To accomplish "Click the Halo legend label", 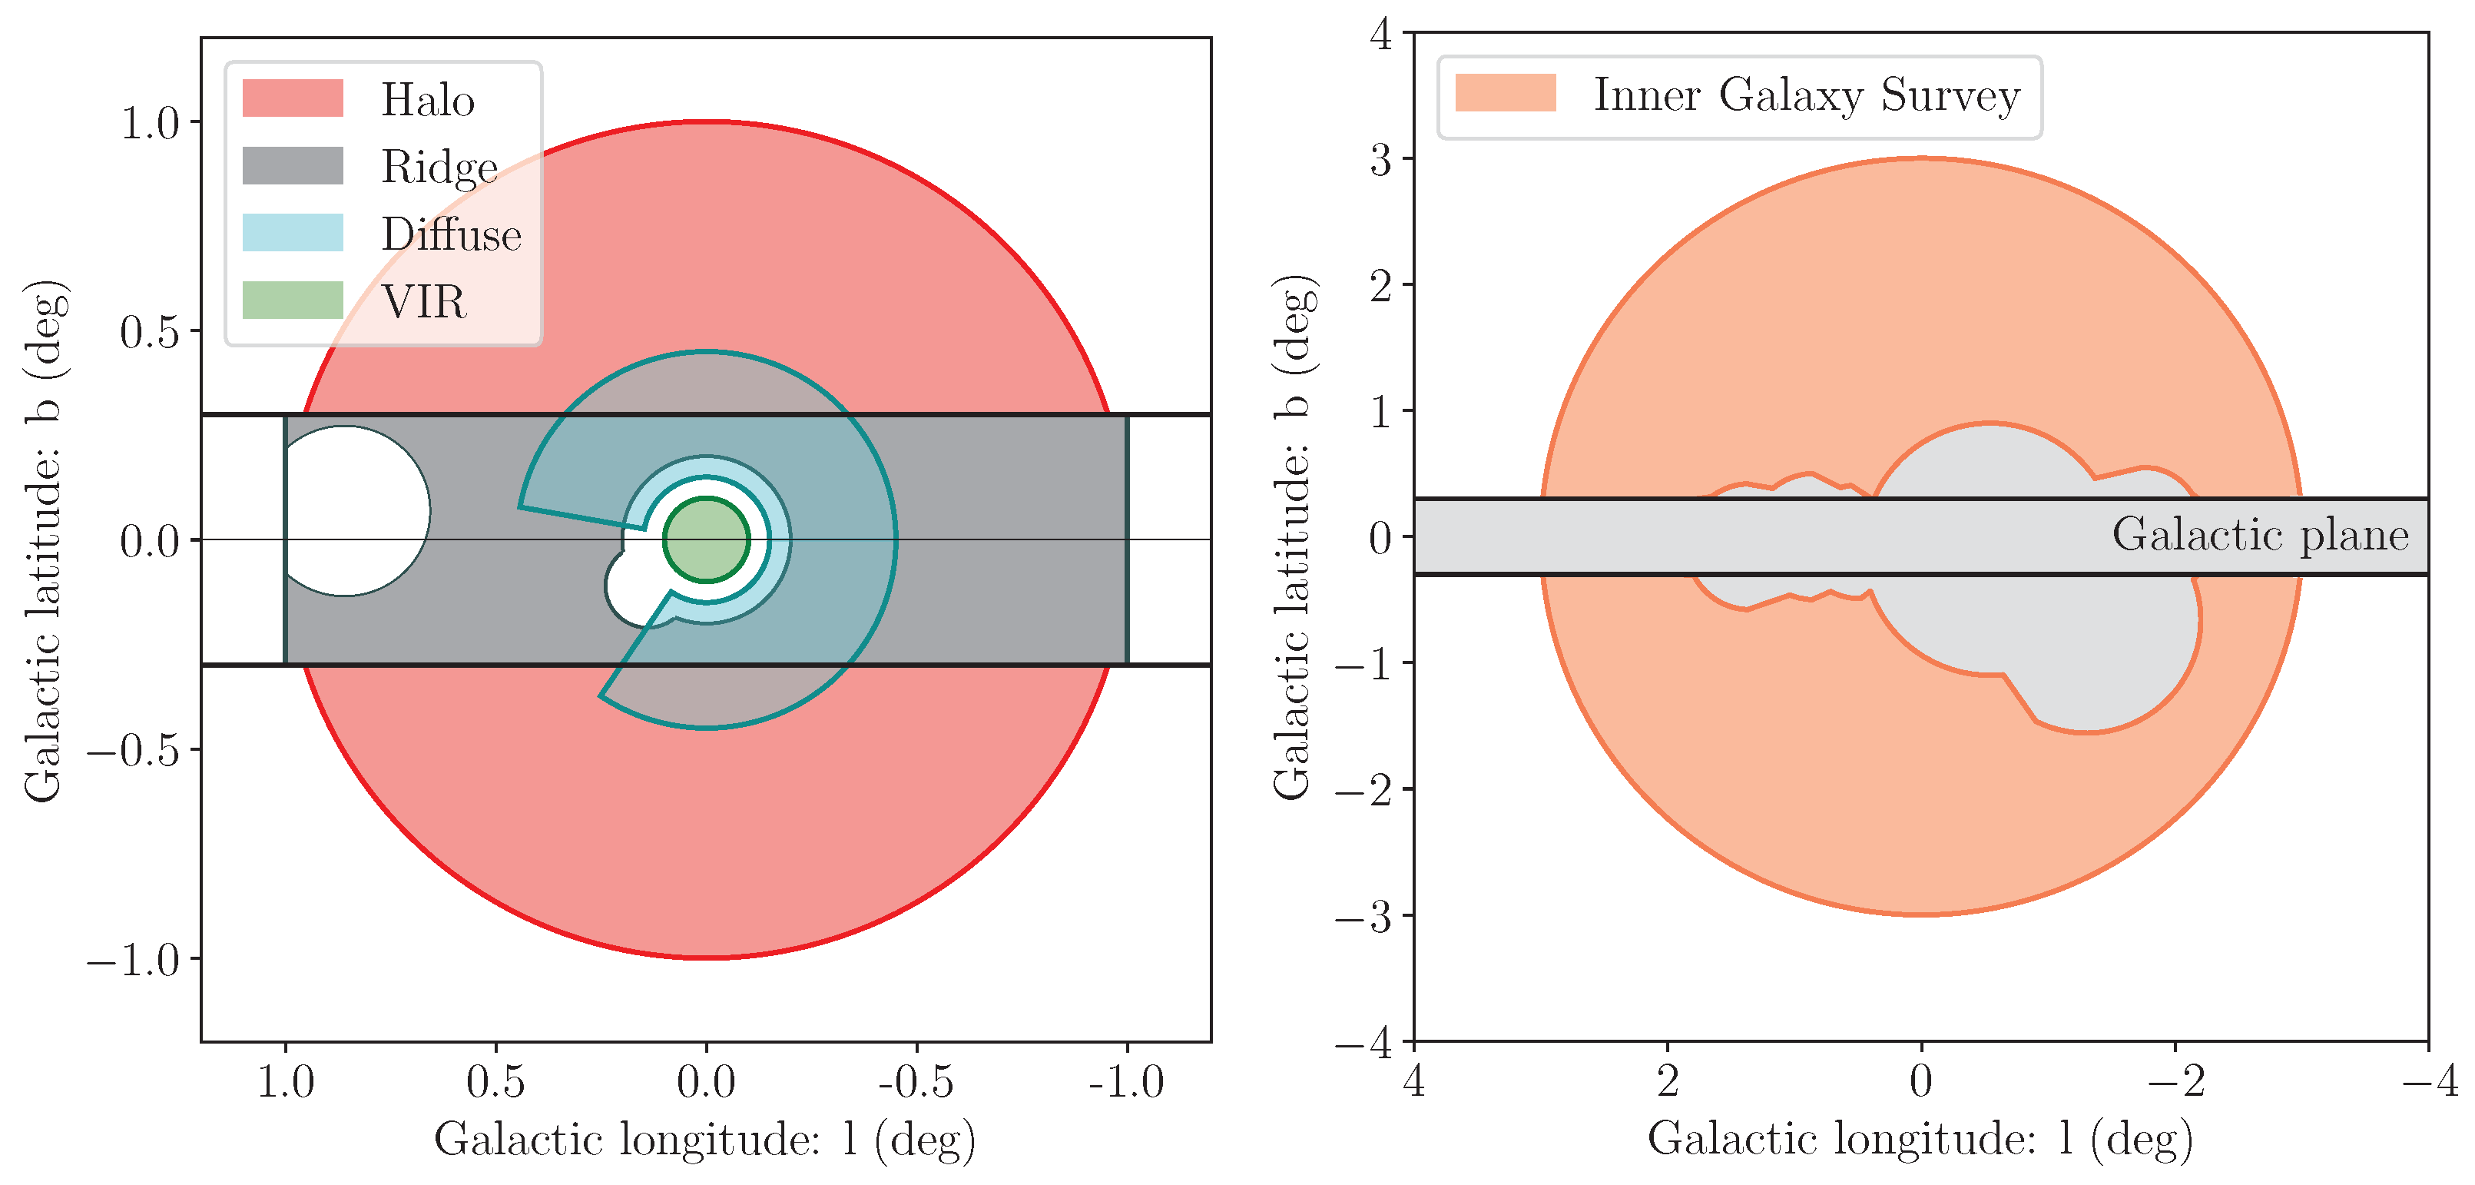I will (428, 100).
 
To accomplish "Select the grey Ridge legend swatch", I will (292, 165).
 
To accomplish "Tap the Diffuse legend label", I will (451, 234).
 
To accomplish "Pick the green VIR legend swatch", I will (292, 300).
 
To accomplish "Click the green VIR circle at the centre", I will (706, 540).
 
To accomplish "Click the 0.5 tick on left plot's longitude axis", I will (495, 1082).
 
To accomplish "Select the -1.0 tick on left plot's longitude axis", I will (1126, 1082).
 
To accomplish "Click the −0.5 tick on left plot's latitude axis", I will (134, 749).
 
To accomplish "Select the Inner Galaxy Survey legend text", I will (1806, 95).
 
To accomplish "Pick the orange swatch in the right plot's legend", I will (1505, 93).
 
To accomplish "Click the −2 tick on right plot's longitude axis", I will (2175, 1082).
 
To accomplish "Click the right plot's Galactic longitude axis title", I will (1920, 1140).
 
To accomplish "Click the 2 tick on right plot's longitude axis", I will (1667, 1082).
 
